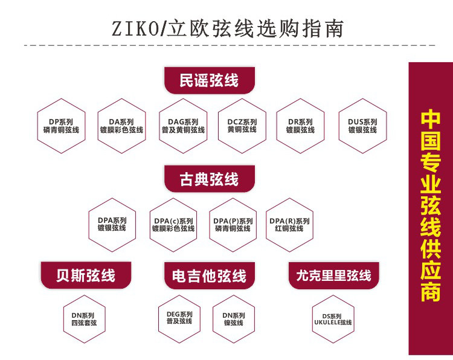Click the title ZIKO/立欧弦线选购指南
click(x=226, y=28)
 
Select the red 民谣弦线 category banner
click(x=209, y=80)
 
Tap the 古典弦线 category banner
click(x=209, y=179)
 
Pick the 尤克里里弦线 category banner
click(x=333, y=275)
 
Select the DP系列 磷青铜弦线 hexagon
click(x=61, y=126)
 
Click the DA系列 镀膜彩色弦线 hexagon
click(x=121, y=126)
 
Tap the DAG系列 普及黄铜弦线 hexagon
click(x=182, y=126)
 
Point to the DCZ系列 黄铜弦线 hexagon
click(x=242, y=126)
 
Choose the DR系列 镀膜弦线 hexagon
click(x=300, y=126)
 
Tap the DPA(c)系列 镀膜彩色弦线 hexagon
click(x=173, y=224)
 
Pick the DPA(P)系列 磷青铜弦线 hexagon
click(x=233, y=224)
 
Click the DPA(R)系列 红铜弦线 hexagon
click(x=289, y=224)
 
